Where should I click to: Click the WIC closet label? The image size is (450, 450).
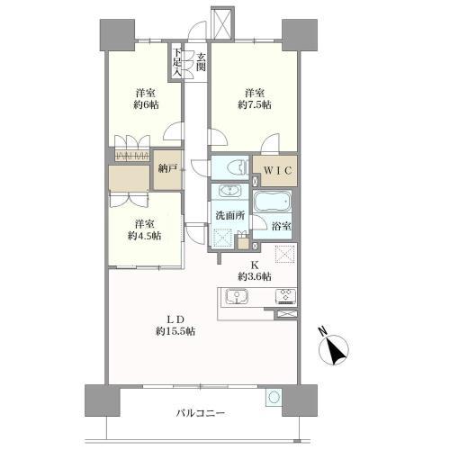click(278, 171)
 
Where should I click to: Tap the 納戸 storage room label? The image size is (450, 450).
click(167, 168)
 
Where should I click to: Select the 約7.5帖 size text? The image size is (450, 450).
click(255, 104)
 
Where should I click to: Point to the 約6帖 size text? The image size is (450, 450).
click(146, 104)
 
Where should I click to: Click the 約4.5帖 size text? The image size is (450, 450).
click(145, 236)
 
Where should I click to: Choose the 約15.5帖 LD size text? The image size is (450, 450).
click(175, 331)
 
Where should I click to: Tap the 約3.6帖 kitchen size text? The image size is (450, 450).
click(255, 276)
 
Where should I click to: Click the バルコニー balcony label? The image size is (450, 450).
click(201, 414)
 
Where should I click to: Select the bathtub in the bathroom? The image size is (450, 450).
click(273, 202)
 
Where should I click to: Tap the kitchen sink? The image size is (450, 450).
click(237, 296)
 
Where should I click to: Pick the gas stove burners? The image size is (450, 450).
click(285, 296)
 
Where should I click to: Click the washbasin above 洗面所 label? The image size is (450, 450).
click(230, 191)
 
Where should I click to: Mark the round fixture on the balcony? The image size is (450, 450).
click(274, 398)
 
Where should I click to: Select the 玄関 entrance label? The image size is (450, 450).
click(201, 62)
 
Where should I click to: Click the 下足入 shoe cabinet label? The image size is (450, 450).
click(177, 62)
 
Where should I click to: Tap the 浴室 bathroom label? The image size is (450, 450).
click(282, 227)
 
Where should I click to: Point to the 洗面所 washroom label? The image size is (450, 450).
click(230, 215)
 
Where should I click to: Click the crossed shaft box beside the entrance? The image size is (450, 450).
click(222, 22)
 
